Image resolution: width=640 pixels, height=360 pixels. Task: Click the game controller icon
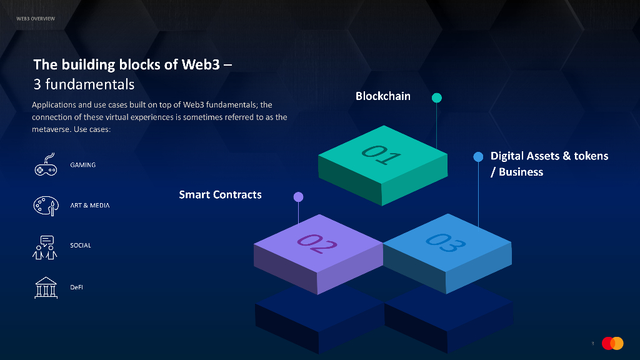(x=45, y=165)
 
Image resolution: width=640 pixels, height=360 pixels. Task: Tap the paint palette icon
(x=45, y=206)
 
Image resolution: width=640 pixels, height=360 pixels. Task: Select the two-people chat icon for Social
(x=45, y=247)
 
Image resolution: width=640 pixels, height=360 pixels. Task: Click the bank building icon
(x=45, y=287)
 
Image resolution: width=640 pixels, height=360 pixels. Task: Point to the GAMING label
(x=82, y=165)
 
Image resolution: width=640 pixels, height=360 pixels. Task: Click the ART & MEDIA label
(x=89, y=206)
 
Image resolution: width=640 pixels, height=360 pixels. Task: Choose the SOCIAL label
(x=81, y=246)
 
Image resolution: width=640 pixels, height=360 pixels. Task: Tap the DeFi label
(x=76, y=287)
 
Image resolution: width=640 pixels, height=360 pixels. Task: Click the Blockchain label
(x=383, y=96)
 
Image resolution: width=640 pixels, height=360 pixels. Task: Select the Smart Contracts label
(x=220, y=194)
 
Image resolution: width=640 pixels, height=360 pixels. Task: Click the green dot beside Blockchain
(x=437, y=97)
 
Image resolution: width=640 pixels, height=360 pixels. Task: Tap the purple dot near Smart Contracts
(x=298, y=197)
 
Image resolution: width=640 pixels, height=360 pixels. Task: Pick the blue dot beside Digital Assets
(x=478, y=156)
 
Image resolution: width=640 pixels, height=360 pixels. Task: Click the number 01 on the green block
(x=381, y=153)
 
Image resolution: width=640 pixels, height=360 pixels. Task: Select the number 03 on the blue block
(x=446, y=241)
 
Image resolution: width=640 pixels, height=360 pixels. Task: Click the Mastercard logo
(x=612, y=343)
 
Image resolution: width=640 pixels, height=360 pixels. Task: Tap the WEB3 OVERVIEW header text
(x=36, y=18)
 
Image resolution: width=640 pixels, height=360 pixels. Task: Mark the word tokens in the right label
(x=591, y=156)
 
